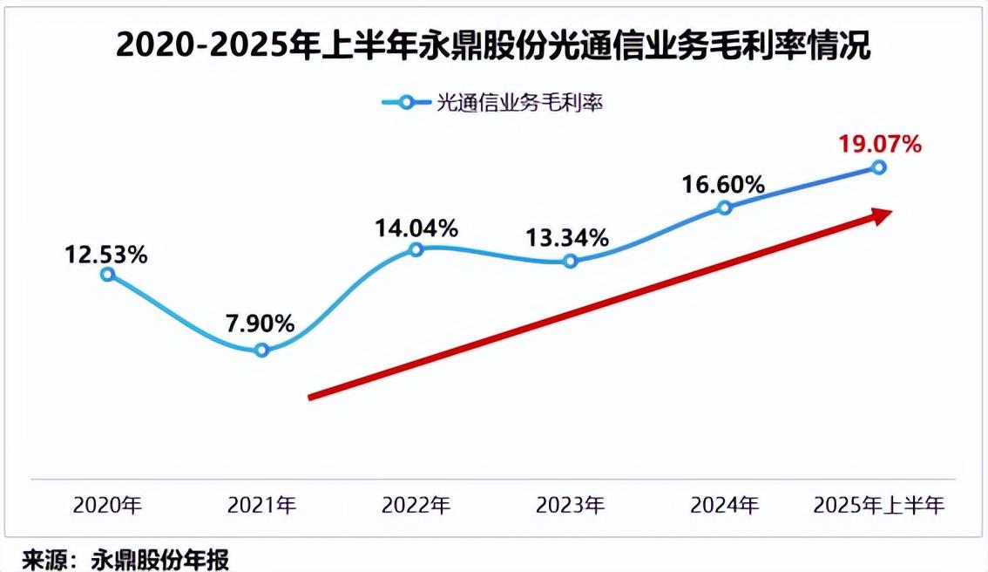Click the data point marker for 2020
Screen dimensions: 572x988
point(107,274)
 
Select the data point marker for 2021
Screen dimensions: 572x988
point(261,351)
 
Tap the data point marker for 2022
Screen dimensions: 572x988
point(416,249)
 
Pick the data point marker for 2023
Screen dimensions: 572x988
point(570,261)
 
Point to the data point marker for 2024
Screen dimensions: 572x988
point(724,208)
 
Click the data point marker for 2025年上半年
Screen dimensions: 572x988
point(878,167)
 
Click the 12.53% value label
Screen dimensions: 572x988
point(105,255)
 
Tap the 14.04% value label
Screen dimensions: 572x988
point(416,229)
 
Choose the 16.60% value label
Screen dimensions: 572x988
point(723,185)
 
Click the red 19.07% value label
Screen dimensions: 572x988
point(879,144)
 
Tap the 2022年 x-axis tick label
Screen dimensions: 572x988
point(416,505)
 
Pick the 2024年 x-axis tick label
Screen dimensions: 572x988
point(725,505)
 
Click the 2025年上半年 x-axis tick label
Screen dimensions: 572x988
point(878,505)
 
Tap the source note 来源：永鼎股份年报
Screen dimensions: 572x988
point(125,558)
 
